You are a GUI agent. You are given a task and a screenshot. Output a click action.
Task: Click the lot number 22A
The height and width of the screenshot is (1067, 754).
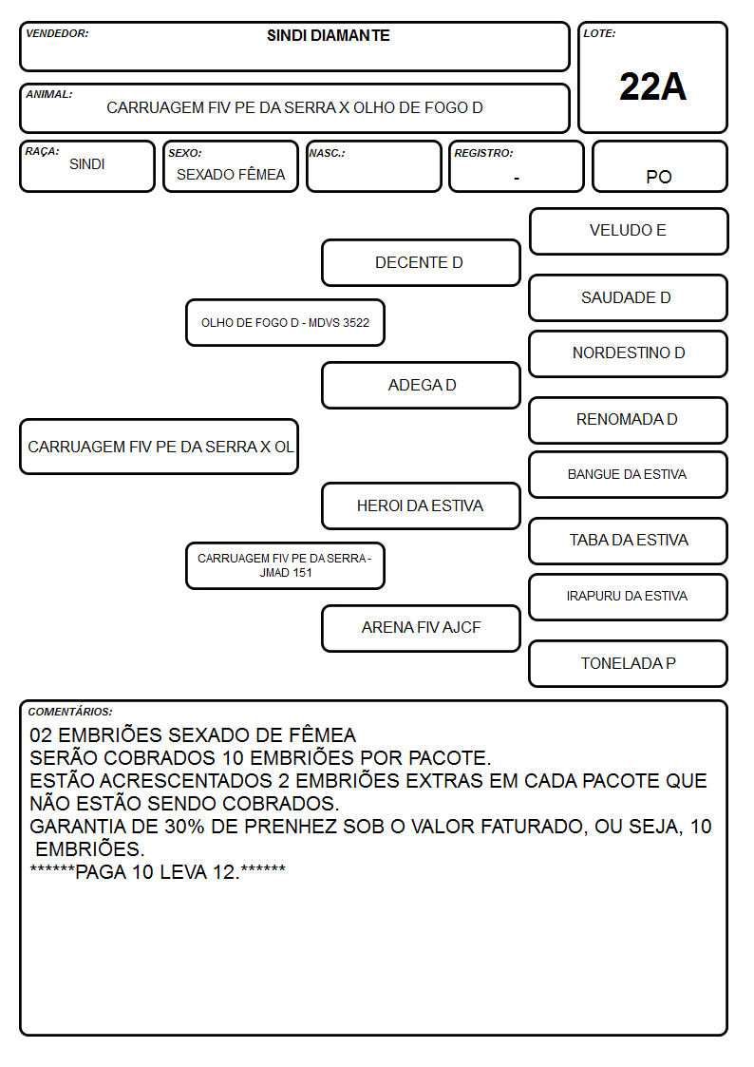pyautogui.click(x=652, y=86)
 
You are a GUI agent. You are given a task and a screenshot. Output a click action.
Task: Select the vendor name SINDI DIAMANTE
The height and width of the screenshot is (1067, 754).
pyautogui.click(x=329, y=35)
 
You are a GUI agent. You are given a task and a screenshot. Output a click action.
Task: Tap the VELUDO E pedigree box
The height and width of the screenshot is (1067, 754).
pyautogui.click(x=629, y=231)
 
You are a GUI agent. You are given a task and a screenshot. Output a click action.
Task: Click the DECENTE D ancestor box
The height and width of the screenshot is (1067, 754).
pyautogui.click(x=421, y=262)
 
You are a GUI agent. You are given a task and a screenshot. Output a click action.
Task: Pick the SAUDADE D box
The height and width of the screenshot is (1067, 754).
pyautogui.click(x=629, y=297)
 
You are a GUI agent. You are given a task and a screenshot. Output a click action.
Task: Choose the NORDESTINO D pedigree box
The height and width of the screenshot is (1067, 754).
pyautogui.click(x=629, y=353)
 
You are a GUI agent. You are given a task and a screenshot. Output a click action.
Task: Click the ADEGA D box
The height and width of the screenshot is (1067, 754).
pyautogui.click(x=421, y=385)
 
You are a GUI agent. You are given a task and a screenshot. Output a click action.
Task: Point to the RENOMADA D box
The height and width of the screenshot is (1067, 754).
pyautogui.click(x=629, y=420)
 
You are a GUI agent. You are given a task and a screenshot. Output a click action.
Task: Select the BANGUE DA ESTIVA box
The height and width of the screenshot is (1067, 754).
pyautogui.click(x=629, y=474)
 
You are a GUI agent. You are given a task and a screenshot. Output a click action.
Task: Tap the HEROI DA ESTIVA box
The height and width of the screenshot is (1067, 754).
pyautogui.click(x=421, y=505)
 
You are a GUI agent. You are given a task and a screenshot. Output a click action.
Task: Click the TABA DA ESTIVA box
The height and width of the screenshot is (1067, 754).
pyautogui.click(x=629, y=541)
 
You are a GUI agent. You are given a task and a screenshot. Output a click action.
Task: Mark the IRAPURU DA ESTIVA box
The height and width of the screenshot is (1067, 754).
pyautogui.click(x=629, y=596)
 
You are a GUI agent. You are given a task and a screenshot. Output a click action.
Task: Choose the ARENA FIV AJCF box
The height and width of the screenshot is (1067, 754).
pyautogui.click(x=421, y=628)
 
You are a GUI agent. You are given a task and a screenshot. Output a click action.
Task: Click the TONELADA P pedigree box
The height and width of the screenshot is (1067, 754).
pyautogui.click(x=629, y=663)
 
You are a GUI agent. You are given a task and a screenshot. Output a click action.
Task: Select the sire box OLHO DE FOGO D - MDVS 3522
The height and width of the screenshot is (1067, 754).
pyautogui.click(x=286, y=322)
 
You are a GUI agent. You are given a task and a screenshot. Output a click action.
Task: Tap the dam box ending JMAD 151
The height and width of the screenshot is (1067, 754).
pyautogui.click(x=286, y=565)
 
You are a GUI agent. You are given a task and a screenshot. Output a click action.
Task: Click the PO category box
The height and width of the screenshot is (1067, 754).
pyautogui.click(x=659, y=166)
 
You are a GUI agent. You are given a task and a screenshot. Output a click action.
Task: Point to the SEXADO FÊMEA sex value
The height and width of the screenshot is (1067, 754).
pyautogui.click(x=231, y=175)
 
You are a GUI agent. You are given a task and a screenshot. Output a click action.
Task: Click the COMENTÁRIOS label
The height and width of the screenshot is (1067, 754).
pyautogui.click(x=70, y=712)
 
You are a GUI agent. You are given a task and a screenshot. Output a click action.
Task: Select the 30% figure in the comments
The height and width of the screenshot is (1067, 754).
pyautogui.click(x=185, y=827)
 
